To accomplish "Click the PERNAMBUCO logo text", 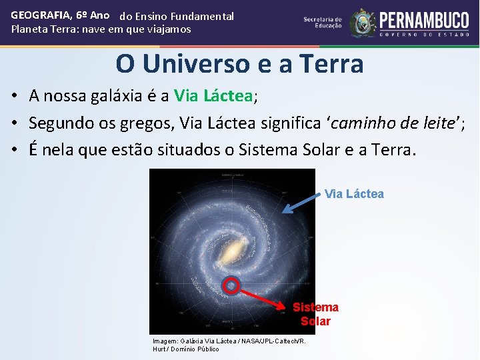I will [x=424, y=19].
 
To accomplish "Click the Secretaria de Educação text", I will [x=323, y=23].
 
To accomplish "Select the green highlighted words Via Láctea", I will [x=213, y=96].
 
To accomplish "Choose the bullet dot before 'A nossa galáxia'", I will [x=14, y=97].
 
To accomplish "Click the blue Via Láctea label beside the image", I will [x=354, y=194].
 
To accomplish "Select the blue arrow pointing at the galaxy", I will [x=301, y=203].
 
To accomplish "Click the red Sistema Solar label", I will [x=315, y=314].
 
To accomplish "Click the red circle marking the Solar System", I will [x=231, y=285].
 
